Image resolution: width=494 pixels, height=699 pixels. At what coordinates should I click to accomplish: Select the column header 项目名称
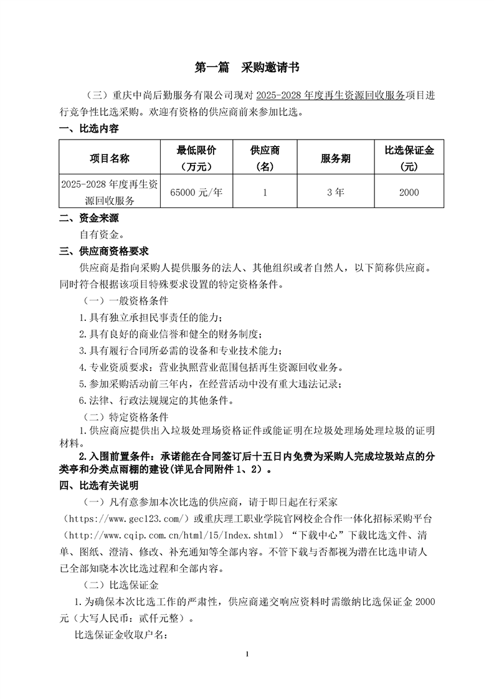pos(110,158)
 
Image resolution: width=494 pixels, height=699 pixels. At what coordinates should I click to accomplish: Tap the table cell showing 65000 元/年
pos(196,193)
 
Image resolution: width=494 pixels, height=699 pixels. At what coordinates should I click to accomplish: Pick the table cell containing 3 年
pos(335,193)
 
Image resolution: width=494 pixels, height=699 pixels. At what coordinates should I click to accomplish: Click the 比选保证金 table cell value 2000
pos(409,193)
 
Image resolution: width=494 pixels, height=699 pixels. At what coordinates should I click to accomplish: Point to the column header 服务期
pos(335,158)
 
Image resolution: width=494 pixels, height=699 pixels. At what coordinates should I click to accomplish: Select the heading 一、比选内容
pos(88,129)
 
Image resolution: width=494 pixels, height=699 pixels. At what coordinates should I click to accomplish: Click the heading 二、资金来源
pos(88,219)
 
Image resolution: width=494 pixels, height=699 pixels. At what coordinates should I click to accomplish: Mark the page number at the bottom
pos(247,654)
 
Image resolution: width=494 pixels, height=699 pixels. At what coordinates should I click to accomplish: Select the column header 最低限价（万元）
pos(196,158)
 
